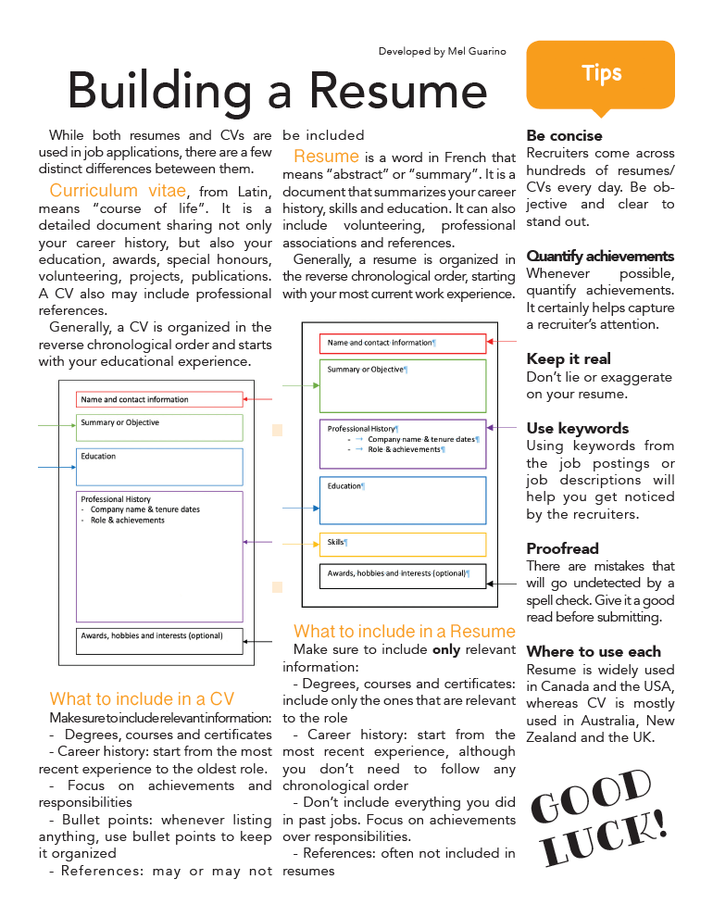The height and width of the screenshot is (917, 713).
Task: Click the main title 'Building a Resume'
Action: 277,90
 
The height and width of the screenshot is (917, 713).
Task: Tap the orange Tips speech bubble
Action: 601,75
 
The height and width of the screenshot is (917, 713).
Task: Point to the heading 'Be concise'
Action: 564,136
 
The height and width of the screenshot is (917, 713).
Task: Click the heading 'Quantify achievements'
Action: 600,256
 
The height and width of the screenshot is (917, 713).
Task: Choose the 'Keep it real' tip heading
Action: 569,358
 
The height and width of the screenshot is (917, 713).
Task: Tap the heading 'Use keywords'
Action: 577,428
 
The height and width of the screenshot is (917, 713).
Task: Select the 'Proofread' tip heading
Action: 562,548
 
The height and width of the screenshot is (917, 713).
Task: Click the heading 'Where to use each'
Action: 594,651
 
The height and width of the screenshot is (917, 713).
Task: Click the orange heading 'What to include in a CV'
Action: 142,698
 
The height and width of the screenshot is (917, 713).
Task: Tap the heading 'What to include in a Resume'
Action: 404,631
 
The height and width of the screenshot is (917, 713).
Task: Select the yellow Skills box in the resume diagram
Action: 403,544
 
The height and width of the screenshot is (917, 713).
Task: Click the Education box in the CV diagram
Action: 159,467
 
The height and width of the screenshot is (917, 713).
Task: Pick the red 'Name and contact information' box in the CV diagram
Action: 159,399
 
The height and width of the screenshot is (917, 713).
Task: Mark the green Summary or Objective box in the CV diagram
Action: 159,427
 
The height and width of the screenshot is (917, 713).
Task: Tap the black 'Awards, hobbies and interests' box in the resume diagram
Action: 403,575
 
